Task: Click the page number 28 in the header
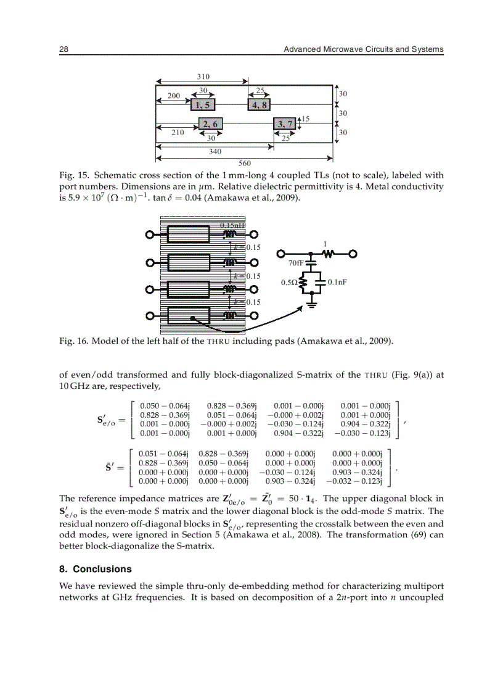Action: pos(63,49)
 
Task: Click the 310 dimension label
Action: pos(203,77)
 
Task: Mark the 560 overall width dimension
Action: pos(245,163)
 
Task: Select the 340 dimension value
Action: pos(215,151)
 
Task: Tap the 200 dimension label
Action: pos(174,96)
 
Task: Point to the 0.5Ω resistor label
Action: pos(288,283)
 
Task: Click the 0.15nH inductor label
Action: pos(233,226)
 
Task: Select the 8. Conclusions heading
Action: pos(95,569)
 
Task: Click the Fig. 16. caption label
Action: pos(73,341)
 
